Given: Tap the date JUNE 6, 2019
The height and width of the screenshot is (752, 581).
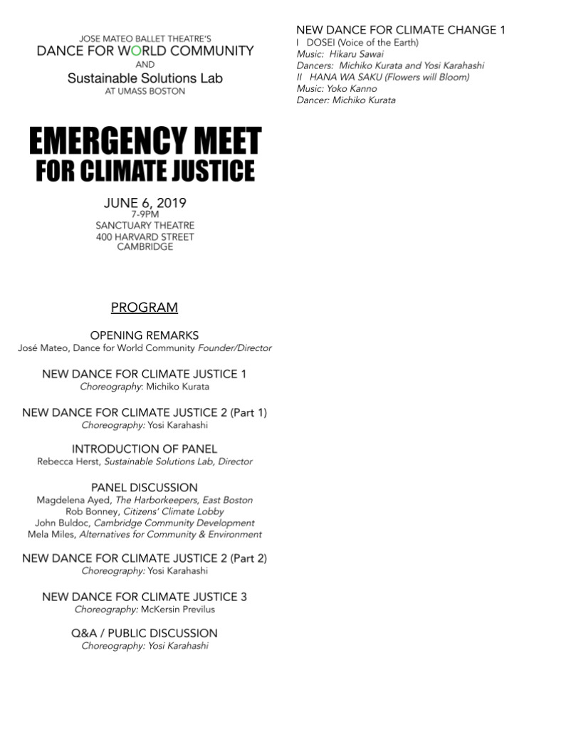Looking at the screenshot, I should tap(145, 203).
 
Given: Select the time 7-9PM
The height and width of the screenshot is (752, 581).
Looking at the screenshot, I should tap(145, 214).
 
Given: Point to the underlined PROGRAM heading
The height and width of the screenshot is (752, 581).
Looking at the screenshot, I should tap(145, 308).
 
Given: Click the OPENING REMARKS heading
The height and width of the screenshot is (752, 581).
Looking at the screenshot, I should tap(145, 335).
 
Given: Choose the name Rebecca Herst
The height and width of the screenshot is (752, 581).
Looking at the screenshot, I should tap(69, 461).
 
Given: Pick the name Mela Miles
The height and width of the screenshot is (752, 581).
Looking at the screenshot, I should tap(52, 534).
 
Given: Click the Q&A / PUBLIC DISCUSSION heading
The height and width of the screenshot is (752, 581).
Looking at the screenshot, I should tap(145, 633).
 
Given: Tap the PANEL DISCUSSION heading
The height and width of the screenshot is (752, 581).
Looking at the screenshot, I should tap(145, 488).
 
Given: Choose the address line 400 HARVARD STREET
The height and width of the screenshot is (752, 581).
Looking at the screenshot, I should tap(145, 236).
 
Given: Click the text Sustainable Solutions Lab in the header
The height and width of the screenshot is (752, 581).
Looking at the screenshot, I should tap(145, 78).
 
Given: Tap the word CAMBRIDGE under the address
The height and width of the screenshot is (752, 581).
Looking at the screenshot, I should tap(145, 247).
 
